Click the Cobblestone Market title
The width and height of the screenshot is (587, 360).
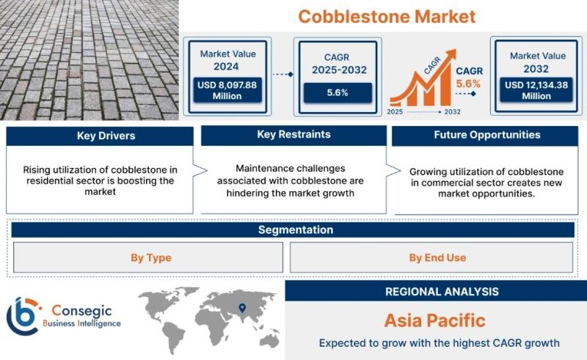coord(387,16)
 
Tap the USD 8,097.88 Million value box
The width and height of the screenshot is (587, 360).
coord(227,90)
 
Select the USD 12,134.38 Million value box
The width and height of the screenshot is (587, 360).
coord(536,90)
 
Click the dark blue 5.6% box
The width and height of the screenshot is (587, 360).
coord(338,92)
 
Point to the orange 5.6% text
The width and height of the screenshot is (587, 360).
coord(468,84)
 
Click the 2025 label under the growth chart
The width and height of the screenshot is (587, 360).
coord(395,111)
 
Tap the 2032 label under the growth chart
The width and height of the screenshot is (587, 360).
coord(452,111)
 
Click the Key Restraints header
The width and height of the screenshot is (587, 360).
coord(294,135)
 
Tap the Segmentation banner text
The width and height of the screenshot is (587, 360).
coord(296,229)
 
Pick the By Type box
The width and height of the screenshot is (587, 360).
coord(148,257)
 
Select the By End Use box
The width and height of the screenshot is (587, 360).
coord(431,257)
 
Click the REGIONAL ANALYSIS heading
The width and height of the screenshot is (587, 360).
coord(442,292)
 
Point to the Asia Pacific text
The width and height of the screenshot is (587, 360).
coord(434,320)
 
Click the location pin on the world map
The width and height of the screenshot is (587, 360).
coord(243,308)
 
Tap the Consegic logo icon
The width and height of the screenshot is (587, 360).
coord(23,316)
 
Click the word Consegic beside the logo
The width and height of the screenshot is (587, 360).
coord(81,310)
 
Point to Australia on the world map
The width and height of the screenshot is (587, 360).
coord(269,339)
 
